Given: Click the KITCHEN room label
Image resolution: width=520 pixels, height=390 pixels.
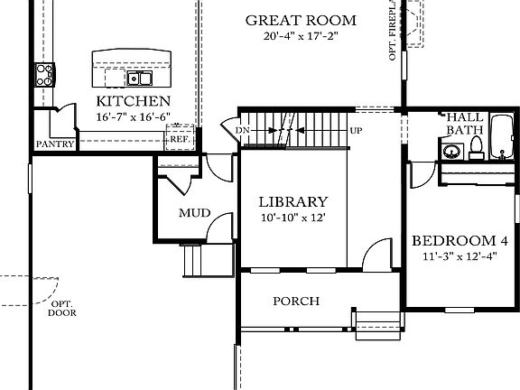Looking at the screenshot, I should pyautogui.click(x=133, y=101).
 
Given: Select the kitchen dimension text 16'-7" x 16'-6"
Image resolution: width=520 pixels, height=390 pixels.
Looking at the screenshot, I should pyautogui.click(x=133, y=116).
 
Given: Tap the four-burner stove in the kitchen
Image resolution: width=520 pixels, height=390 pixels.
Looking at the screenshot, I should pyautogui.click(x=43, y=72).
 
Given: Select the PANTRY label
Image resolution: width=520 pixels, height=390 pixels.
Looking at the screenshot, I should pyautogui.click(x=53, y=144).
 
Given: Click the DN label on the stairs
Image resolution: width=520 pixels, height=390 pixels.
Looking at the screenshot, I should pyautogui.click(x=242, y=131).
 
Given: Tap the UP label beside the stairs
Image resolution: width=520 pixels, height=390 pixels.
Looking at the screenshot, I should pyautogui.click(x=356, y=131).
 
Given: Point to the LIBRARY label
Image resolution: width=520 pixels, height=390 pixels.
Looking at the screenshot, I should pyautogui.click(x=292, y=201).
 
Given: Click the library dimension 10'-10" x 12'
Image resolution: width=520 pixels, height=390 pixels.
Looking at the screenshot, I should pyautogui.click(x=292, y=217).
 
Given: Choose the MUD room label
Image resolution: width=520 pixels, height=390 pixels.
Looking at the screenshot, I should pyautogui.click(x=194, y=213).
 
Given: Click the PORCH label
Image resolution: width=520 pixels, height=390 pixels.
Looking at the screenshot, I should pyautogui.click(x=296, y=301).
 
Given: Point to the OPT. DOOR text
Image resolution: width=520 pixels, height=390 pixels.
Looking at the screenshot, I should pyautogui.click(x=61, y=308).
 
